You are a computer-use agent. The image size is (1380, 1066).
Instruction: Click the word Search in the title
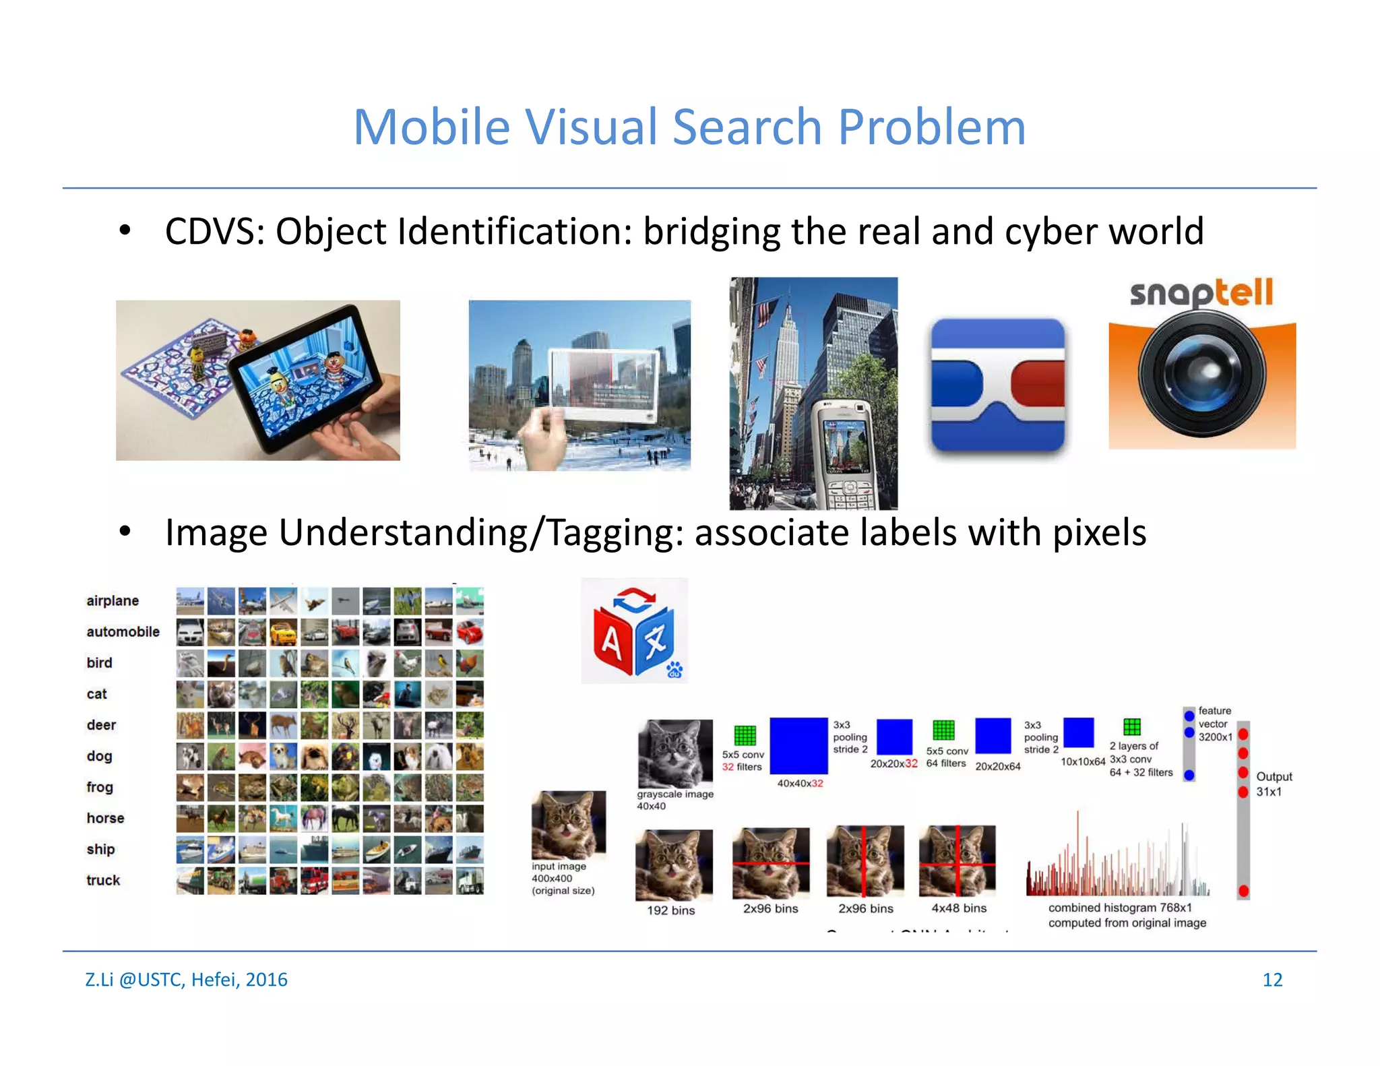coord(747,127)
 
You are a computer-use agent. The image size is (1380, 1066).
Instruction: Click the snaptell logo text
coord(1201,293)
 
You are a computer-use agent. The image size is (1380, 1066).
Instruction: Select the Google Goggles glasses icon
coord(998,385)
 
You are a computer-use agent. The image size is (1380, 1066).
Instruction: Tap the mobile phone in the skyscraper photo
coord(842,454)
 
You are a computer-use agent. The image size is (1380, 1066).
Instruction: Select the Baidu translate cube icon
coord(634,631)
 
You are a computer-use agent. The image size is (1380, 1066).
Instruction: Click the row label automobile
coord(123,632)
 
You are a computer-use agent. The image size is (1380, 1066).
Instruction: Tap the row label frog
coord(100,787)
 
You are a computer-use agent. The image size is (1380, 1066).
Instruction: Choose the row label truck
coord(102,880)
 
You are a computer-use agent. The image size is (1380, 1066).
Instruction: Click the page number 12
coord(1272,980)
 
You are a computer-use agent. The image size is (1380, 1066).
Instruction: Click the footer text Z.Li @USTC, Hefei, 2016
coord(186,980)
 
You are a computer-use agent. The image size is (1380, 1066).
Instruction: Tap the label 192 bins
coord(670,910)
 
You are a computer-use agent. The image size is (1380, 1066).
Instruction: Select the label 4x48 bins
coord(958,908)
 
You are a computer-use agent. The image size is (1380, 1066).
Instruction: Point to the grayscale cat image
coord(675,753)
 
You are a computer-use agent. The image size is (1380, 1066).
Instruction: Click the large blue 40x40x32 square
coord(798,745)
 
